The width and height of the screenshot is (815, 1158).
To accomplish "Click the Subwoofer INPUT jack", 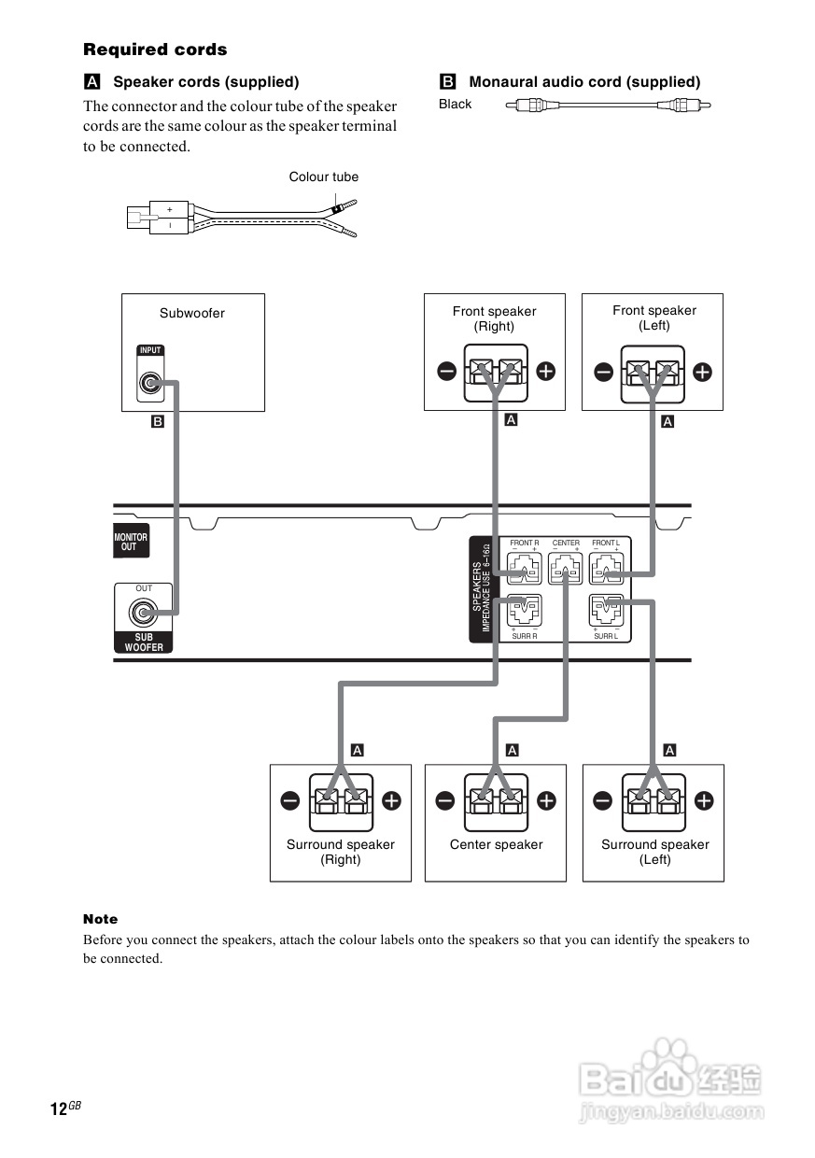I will coord(149,383).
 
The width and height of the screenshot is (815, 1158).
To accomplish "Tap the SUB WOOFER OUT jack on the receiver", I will coord(143,614).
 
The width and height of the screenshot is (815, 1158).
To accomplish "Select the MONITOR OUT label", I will coord(131,543).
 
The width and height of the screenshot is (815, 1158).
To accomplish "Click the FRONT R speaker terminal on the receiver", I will coord(524,570).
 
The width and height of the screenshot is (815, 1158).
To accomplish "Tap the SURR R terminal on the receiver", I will coord(524,612).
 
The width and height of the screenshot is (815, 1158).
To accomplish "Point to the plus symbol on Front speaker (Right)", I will coord(545,372).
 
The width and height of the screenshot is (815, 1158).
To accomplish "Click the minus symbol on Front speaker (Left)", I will coord(604,372).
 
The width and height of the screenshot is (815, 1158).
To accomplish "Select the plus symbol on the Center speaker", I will coord(547,800).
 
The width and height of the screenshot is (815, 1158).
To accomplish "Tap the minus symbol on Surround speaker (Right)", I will coord(289,800).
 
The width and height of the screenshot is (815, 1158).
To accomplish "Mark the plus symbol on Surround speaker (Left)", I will coord(704,800).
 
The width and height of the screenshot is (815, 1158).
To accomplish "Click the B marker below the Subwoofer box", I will coord(158,422).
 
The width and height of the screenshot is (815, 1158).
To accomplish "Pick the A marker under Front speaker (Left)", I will coord(667,422).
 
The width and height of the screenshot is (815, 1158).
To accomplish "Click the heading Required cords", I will coord(155,49).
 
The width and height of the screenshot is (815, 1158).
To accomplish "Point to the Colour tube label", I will coord(323,177).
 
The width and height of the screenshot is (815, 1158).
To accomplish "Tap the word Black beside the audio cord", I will coord(456,105).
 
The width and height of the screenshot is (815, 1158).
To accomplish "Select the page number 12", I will coord(59,1109).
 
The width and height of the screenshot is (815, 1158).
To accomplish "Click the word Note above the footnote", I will coord(101,919).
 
